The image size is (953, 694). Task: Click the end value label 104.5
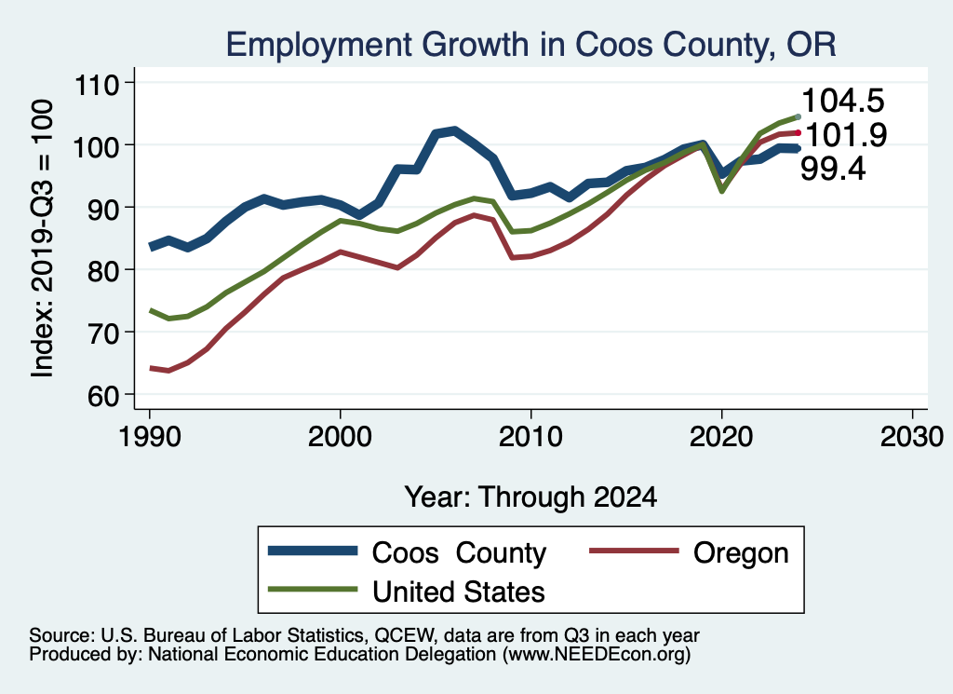tap(842, 102)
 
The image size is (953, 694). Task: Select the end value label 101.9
tap(844, 135)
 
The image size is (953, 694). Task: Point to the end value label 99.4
tap(833, 169)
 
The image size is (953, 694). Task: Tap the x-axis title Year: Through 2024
tap(530, 497)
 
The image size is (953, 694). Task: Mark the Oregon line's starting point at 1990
tap(150, 368)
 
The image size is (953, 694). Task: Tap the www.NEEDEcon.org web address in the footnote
tap(597, 655)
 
